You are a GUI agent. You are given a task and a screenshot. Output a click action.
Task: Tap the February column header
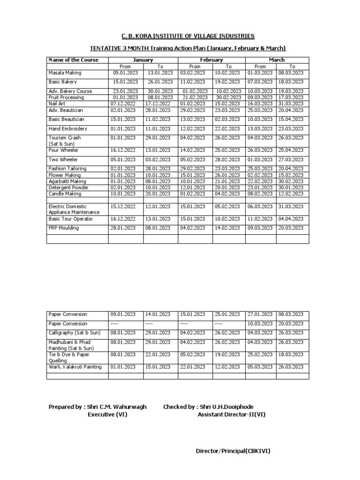pyautogui.click(x=211, y=60)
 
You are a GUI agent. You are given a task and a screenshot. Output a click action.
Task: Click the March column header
pyautogui.click(x=277, y=60)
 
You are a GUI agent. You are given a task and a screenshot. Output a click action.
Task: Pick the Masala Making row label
pyautogui.click(x=65, y=73)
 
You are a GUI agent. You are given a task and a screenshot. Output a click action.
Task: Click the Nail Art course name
pyautogui.click(x=58, y=103)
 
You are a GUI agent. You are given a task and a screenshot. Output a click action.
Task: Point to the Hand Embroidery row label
pyautogui.click(x=68, y=128)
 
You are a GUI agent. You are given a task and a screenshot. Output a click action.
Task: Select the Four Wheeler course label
pyautogui.click(x=63, y=150)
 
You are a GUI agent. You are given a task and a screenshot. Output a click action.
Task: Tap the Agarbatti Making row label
pyautogui.click(x=67, y=181)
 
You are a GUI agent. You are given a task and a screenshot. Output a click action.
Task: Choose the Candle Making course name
pyautogui.click(x=65, y=194)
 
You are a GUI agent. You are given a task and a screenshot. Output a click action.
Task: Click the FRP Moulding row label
pyautogui.click(x=64, y=228)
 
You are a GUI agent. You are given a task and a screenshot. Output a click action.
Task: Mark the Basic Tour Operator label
pyautogui.click(x=71, y=219)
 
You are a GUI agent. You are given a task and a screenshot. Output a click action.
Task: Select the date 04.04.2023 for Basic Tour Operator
pyautogui.click(x=291, y=219)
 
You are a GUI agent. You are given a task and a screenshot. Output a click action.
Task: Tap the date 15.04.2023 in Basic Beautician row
pyautogui.click(x=291, y=119)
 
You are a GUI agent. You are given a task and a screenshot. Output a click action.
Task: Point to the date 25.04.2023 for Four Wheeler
pyautogui.click(x=291, y=150)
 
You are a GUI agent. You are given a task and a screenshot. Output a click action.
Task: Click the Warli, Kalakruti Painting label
pyautogui.click(x=75, y=367)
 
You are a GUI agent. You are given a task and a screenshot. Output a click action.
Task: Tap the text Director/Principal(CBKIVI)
pyautogui.click(x=233, y=451)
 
